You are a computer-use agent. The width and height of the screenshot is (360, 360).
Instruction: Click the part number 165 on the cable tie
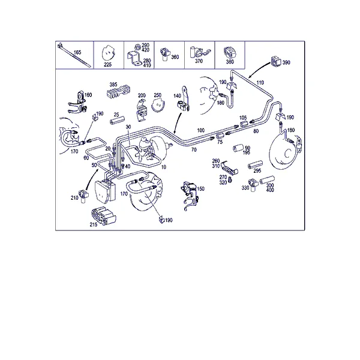click(x=77, y=52)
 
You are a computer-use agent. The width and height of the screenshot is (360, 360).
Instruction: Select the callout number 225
click(x=107, y=65)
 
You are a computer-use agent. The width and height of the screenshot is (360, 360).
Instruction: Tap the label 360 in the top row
click(x=175, y=57)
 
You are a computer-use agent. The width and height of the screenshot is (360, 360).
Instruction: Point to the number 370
click(x=199, y=61)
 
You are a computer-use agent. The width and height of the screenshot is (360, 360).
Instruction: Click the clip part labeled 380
click(x=229, y=53)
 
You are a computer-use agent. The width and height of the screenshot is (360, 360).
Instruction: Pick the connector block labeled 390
click(x=276, y=61)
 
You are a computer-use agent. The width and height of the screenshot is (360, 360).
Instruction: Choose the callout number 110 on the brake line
click(x=260, y=83)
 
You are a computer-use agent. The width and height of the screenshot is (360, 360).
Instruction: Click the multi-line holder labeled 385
click(x=118, y=91)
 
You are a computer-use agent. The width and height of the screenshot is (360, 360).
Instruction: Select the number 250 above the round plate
click(x=157, y=95)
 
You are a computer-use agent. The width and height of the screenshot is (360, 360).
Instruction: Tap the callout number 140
click(x=177, y=96)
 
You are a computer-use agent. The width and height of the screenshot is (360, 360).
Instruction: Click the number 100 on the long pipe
click(x=200, y=130)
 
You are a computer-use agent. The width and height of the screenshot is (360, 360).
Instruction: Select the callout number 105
click(x=243, y=118)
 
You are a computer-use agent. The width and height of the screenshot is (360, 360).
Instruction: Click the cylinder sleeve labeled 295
click(x=255, y=165)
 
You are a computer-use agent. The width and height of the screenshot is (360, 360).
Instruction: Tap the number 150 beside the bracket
click(x=200, y=189)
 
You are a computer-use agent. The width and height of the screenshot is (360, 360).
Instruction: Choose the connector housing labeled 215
click(x=103, y=215)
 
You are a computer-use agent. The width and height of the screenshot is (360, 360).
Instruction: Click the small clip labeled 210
click(x=83, y=196)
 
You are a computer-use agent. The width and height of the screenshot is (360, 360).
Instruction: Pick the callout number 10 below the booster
click(x=163, y=167)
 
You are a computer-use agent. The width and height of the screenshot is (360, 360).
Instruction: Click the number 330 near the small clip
click(x=245, y=188)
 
